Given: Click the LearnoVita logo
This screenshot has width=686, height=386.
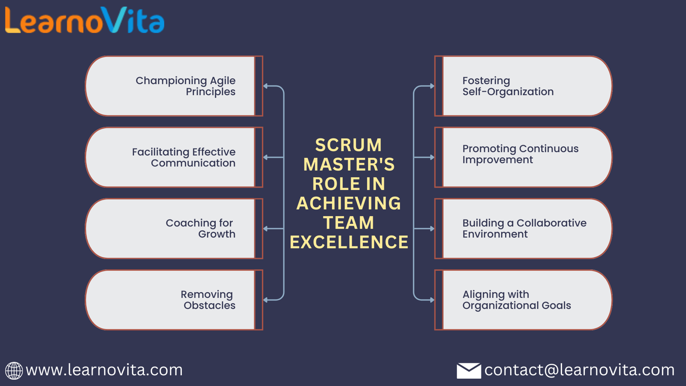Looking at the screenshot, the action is (x=85, y=20).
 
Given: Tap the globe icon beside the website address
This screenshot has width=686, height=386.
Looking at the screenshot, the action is (x=14, y=371).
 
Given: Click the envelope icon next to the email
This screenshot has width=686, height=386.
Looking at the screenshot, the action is (x=469, y=371).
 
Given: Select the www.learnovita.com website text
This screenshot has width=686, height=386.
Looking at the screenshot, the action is (x=104, y=370).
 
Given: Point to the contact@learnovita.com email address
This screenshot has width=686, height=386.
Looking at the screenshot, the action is (x=579, y=370).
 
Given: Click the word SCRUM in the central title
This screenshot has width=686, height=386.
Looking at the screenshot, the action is (x=349, y=145).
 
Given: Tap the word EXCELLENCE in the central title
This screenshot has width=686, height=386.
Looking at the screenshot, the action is (x=349, y=242).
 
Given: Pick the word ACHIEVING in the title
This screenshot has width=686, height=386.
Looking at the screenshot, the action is (x=349, y=203).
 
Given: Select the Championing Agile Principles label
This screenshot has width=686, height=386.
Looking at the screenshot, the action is (x=186, y=86).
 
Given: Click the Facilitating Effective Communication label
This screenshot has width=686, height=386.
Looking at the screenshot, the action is (x=184, y=157).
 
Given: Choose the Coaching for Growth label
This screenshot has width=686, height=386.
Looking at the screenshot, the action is (x=201, y=229).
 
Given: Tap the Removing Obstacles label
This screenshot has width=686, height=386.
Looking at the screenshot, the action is (x=208, y=300).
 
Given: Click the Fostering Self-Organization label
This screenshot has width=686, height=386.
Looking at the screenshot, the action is (x=508, y=86).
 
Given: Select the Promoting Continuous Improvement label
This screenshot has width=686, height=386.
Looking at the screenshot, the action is (x=521, y=154).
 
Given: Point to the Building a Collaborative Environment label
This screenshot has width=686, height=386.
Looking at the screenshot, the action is (x=524, y=229).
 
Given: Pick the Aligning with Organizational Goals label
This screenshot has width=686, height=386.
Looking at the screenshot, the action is (x=517, y=300).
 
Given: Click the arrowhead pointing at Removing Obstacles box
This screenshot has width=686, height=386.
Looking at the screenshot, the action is (x=265, y=300).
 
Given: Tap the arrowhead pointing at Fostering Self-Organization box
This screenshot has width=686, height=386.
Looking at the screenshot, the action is (x=432, y=86).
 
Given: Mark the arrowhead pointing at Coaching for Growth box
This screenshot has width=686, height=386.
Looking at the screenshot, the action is (x=265, y=229).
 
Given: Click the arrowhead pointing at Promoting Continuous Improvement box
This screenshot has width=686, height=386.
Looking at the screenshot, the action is (x=432, y=157).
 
